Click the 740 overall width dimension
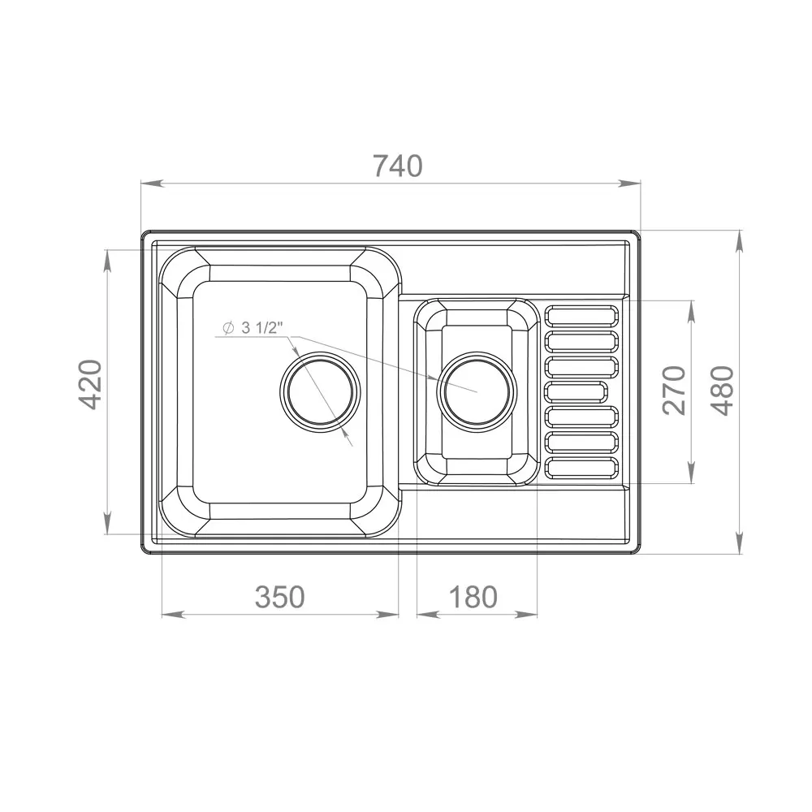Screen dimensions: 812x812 (398, 166)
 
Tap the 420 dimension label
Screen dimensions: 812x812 (93, 384)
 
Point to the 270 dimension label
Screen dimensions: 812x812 (674, 391)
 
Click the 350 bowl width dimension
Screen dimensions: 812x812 (279, 597)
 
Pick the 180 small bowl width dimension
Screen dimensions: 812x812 (473, 597)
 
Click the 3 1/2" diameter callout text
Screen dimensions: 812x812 (262, 327)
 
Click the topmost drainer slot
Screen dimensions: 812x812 (581, 315)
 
